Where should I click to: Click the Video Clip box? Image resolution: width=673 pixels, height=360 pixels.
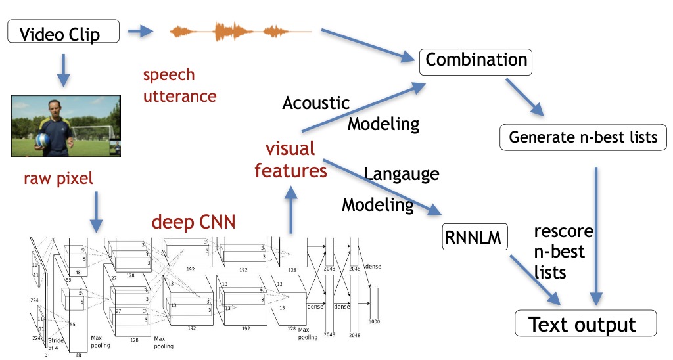tap(63, 33)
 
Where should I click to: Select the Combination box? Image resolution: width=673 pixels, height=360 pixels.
tap(475, 60)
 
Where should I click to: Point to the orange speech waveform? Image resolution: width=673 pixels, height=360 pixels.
tap(239, 30)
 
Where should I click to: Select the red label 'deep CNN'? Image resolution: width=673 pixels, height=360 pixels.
tap(193, 222)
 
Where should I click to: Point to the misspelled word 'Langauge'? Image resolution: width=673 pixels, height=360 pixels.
tap(402, 174)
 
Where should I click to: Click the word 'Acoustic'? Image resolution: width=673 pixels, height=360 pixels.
tap(316, 102)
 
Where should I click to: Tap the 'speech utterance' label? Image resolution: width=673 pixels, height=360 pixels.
tap(179, 85)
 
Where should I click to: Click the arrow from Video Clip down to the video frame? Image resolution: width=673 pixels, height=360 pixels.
tap(63, 70)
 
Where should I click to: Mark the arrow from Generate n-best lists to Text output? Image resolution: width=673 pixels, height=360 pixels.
tap(597, 230)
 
